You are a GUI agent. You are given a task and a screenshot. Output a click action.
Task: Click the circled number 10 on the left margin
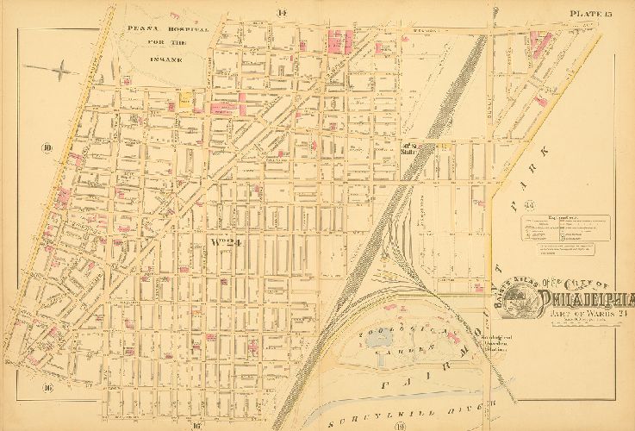pyautogui.click(x=47, y=148)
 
